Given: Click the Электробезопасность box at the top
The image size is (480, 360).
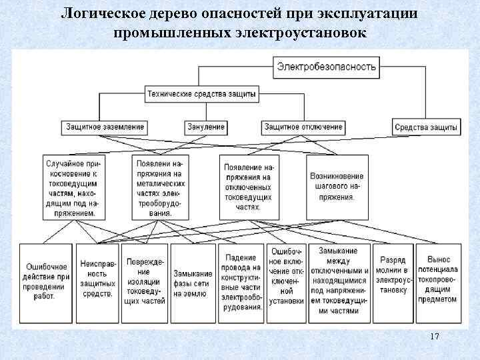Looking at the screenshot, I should point(327,66).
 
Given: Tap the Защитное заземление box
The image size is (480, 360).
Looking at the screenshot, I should point(105,127).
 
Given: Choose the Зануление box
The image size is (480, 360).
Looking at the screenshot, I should point(205,127).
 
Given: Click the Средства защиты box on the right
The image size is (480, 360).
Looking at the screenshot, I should point(426,127).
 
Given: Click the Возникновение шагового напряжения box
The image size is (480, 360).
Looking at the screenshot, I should point(336,187).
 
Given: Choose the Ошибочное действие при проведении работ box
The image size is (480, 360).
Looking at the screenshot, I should point(44,277).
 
